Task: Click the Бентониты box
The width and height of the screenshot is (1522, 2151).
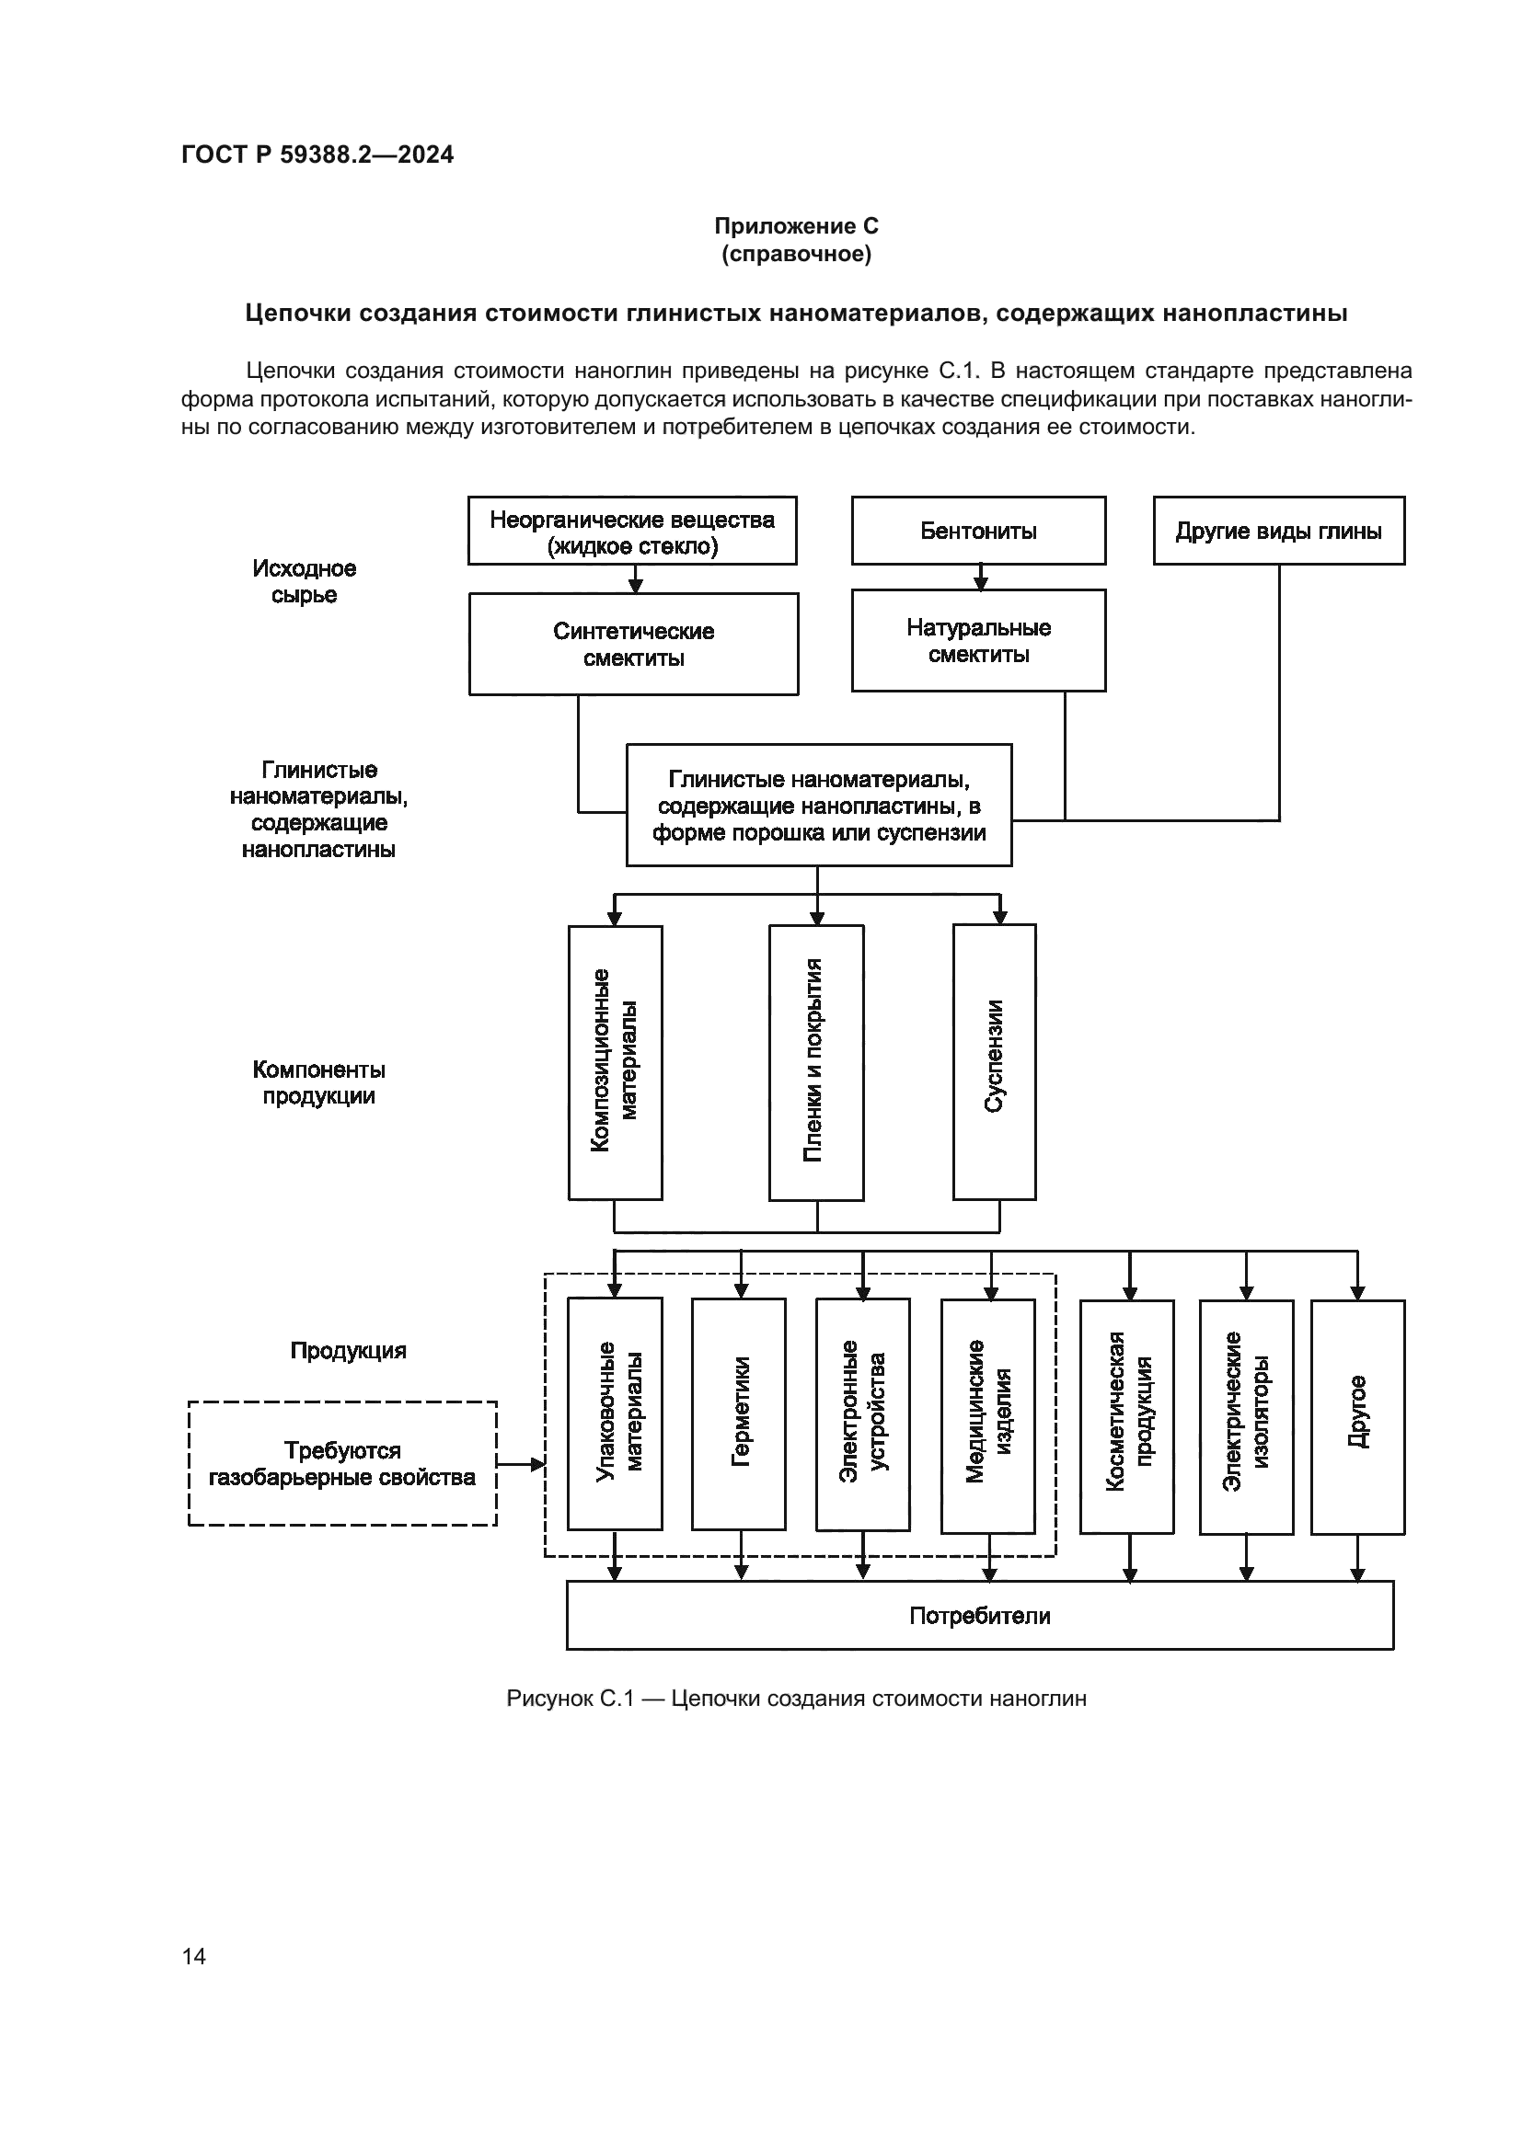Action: pyautogui.click(x=977, y=532)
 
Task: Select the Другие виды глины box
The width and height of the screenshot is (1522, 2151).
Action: pyautogui.click(x=1278, y=532)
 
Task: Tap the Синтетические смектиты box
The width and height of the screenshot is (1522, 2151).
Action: pyautogui.click(x=633, y=645)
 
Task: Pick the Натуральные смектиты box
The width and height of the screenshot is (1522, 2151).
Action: pyautogui.click(x=977, y=641)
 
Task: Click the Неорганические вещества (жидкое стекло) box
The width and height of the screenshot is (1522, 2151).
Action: pyautogui.click(x=631, y=532)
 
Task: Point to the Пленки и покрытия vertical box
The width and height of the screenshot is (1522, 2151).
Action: pyautogui.click(x=815, y=1062)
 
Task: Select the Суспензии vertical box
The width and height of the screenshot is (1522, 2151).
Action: pyautogui.click(x=994, y=1061)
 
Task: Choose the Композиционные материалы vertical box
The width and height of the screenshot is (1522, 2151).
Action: pyautogui.click(x=615, y=1062)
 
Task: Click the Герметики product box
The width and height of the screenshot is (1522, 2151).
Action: pyautogui.click(x=739, y=1413)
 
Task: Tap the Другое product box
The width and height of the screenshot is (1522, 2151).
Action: pyautogui.click(x=1357, y=1416)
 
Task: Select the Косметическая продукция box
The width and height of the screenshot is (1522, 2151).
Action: pyautogui.click(x=1126, y=1416)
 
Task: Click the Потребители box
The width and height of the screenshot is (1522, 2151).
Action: pyautogui.click(x=979, y=1616)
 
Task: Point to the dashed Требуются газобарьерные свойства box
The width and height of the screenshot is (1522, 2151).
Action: pyautogui.click(x=342, y=1463)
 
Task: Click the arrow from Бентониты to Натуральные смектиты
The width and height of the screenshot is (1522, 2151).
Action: pyautogui.click(x=980, y=578)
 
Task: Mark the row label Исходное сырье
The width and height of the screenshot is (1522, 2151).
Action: pyautogui.click(x=304, y=582)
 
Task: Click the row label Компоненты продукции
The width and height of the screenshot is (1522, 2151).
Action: pyautogui.click(x=318, y=1082)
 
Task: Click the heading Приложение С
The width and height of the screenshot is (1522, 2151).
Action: pyautogui.click(x=796, y=226)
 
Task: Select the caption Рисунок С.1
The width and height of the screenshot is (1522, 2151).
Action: pyautogui.click(x=796, y=1699)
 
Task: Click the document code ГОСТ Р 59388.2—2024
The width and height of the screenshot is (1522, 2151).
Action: pyautogui.click(x=317, y=154)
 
